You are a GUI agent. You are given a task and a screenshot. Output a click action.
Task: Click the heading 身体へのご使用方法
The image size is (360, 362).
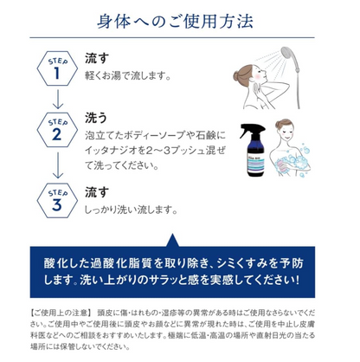pyautogui.click(x=179, y=19)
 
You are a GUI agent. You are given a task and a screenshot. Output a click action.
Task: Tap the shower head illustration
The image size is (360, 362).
pyautogui.click(x=295, y=62)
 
